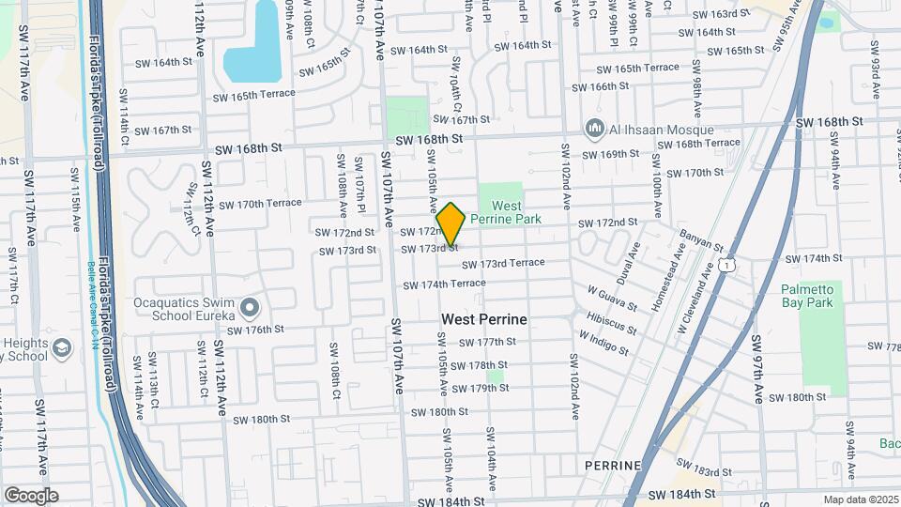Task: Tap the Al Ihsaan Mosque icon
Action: point(592,129)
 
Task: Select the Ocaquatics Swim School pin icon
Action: point(249,307)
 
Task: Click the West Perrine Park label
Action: point(506,212)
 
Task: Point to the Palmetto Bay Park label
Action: point(806,296)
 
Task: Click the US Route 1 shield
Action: point(728,266)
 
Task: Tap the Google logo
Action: point(30,495)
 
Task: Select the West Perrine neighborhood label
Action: point(483,319)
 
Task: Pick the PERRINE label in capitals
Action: point(612,466)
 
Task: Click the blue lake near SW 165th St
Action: point(253,56)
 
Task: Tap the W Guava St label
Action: point(612,299)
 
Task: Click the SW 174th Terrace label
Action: point(444,284)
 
